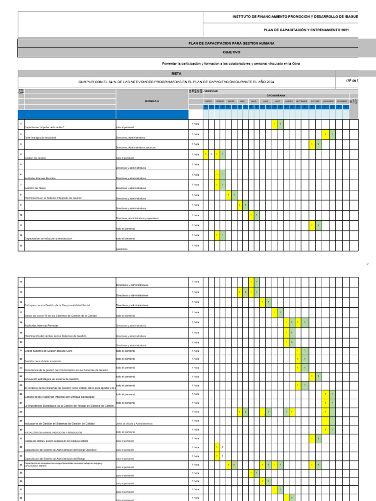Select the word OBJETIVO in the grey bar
232,51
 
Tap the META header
176,73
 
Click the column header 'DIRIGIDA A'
152,101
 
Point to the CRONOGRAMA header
276,96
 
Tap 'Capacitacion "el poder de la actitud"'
47,127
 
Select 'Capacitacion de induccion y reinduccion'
48,239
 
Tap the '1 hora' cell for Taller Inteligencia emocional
195,134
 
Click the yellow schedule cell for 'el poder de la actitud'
275,124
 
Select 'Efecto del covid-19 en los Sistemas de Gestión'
61,316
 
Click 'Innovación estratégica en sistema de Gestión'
51,379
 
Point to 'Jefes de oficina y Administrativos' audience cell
135,424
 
